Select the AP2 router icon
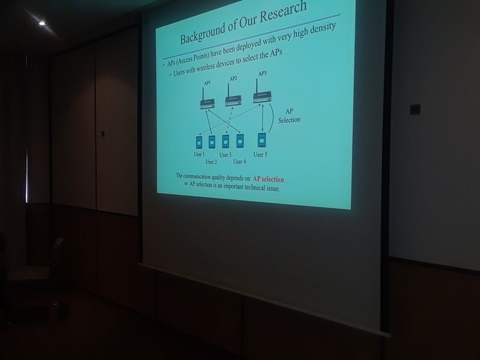click(233, 95)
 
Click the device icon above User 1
click(199, 142)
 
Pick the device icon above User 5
click(262, 140)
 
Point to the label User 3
click(226, 155)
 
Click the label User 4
click(239, 161)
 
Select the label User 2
click(211, 162)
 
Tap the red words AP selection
click(268, 179)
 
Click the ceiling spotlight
click(42, 23)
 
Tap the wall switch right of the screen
click(415, 109)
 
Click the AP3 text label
click(262, 74)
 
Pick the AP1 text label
click(207, 83)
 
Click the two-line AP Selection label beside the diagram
click(289, 116)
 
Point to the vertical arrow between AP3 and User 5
click(263, 118)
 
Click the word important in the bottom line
click(233, 186)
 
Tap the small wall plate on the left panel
click(103, 134)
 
